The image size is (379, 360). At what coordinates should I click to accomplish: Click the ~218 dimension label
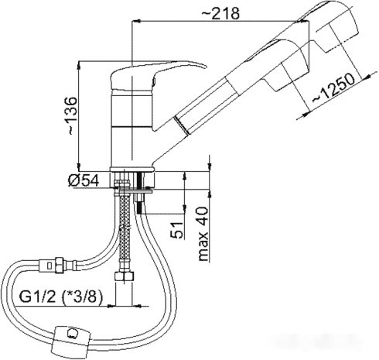pos(220,13)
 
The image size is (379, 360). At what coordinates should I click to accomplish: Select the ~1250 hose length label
pos(334,88)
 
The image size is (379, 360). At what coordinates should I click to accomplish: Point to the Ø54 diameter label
pos(84,180)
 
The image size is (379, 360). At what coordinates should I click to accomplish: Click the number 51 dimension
pos(177,230)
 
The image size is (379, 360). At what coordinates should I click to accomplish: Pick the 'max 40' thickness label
pos(203,234)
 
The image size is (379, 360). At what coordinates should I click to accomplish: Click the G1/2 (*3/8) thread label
pos(61,297)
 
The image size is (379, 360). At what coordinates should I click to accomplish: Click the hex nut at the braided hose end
pos(125,276)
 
